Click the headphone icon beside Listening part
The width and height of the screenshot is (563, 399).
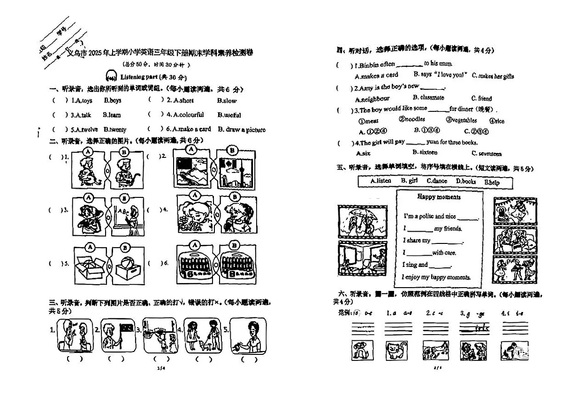tap(111, 76)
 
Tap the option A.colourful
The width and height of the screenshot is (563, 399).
tap(188, 115)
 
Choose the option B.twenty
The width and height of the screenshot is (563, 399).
tap(115, 129)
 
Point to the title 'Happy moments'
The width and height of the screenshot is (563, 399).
tap(439, 197)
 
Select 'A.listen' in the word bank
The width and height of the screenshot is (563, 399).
tap(380, 181)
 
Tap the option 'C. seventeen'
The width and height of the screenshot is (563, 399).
tap(487, 153)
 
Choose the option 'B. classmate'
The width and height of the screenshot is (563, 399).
tap(428, 98)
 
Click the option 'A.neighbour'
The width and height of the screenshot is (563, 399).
tap(373, 99)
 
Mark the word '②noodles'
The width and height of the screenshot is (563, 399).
tap(411, 120)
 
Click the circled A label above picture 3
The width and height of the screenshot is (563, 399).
tap(90, 197)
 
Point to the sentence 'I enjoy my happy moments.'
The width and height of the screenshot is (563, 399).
tap(436, 277)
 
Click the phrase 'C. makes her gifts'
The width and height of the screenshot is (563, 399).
tap(493, 76)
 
